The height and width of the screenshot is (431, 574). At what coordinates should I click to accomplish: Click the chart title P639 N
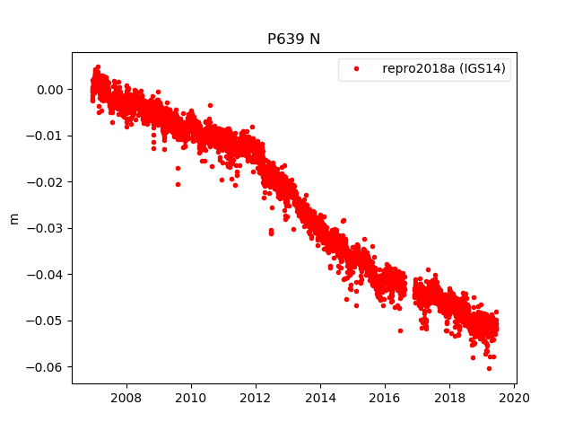pyautogui.click(x=293, y=40)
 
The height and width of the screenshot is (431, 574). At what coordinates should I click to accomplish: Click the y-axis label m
pyautogui.click(x=13, y=218)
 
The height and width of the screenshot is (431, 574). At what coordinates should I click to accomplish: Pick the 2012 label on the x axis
pyautogui.click(x=256, y=398)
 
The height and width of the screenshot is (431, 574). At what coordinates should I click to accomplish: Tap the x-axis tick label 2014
pyautogui.click(x=320, y=398)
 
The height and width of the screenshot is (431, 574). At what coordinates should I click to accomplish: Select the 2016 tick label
pyautogui.click(x=385, y=398)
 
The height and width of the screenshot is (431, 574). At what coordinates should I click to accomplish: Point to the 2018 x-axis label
pyautogui.click(x=449, y=398)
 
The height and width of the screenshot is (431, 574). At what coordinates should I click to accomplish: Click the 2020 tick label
pyautogui.click(x=514, y=398)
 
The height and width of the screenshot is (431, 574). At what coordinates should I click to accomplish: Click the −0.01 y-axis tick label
pyautogui.click(x=47, y=136)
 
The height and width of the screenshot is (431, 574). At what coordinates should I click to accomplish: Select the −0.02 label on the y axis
pyautogui.click(x=47, y=181)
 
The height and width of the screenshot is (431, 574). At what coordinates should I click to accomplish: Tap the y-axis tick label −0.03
pyautogui.click(x=47, y=228)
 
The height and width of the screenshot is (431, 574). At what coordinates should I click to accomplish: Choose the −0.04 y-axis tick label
pyautogui.click(x=47, y=274)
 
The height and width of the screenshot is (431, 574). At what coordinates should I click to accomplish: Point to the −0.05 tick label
pyautogui.click(x=47, y=321)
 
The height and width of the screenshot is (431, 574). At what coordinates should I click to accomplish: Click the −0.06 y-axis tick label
pyautogui.click(x=47, y=366)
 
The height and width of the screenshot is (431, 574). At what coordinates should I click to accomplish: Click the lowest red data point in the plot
pyautogui.click(x=489, y=368)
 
